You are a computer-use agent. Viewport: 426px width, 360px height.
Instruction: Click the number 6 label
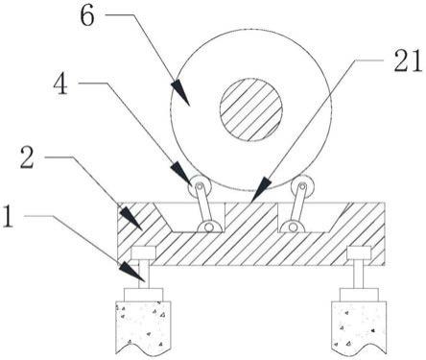click(87, 15)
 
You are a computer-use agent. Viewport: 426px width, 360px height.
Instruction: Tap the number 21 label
click(408, 60)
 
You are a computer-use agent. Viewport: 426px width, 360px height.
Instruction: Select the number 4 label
click(60, 84)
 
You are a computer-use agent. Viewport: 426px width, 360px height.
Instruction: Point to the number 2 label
click(27, 156)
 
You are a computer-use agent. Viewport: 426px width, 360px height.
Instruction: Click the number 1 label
click(9, 216)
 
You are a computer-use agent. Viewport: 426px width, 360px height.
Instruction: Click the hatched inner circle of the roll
click(251, 109)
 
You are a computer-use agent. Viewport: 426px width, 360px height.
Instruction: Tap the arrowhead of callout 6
click(180, 93)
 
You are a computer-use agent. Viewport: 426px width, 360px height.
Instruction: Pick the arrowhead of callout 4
click(181, 174)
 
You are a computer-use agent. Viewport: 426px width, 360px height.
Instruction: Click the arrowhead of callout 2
click(130, 218)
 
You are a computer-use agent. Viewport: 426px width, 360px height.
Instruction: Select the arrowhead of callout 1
click(132, 272)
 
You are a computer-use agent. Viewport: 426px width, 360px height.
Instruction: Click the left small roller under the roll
click(200, 187)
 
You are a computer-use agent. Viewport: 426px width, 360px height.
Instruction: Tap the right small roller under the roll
click(302, 186)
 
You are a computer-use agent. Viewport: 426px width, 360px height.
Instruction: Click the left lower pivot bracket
click(209, 227)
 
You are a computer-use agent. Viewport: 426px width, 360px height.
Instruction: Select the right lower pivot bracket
click(292, 227)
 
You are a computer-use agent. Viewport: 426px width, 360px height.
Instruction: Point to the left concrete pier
click(143, 326)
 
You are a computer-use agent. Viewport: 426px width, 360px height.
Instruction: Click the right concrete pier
click(359, 326)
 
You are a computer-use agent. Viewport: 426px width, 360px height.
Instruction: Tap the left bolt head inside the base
click(144, 252)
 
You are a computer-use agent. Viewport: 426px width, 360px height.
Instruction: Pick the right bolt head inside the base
click(359, 252)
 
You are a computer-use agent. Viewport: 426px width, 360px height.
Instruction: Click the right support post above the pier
click(359, 274)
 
